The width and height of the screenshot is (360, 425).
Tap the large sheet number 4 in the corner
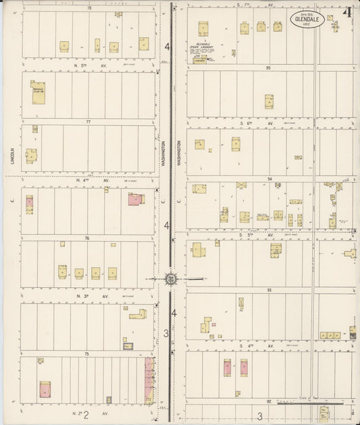point(347,13)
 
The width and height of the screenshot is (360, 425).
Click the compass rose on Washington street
point(171,278)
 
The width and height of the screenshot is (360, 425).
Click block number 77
point(88,122)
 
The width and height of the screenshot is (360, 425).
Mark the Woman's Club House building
point(38,93)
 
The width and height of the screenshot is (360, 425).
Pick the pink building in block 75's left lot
point(45,389)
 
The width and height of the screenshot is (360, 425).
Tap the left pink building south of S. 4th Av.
point(228,368)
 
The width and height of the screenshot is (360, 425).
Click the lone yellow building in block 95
point(269,101)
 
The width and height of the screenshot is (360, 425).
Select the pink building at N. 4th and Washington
point(136,199)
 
